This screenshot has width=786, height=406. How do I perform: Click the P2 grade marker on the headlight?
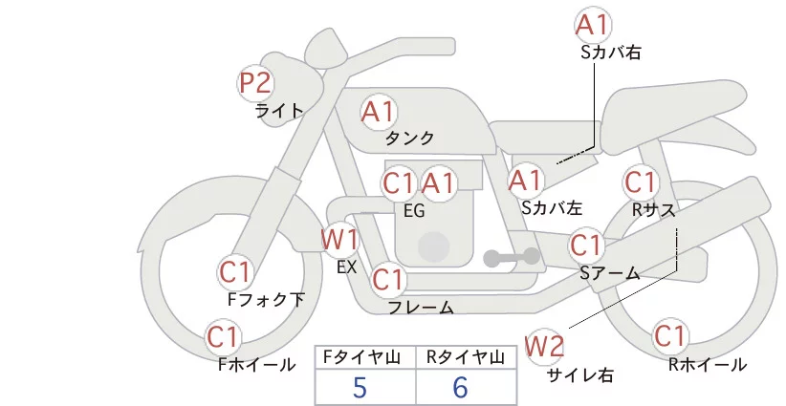click(255, 83)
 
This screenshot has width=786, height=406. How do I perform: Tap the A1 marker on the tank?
click(379, 112)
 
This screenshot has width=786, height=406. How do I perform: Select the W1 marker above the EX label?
click(339, 240)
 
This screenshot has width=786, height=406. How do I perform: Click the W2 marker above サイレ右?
click(544, 346)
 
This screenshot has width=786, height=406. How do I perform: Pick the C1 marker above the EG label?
click(399, 183)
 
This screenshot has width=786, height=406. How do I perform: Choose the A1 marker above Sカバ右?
click(593, 25)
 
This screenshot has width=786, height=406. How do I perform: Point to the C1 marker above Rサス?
click(641, 182)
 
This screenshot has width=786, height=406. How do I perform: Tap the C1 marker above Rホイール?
click(669, 336)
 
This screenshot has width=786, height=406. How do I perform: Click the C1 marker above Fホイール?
click(223, 337)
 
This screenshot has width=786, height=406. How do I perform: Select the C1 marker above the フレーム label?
click(388, 279)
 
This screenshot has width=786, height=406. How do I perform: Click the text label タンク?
click(409, 138)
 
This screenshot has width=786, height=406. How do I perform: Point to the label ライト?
click(280, 110)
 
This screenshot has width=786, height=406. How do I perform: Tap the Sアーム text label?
click(610, 273)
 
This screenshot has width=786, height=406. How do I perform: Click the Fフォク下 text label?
click(266, 299)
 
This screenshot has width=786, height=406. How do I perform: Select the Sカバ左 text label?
click(552, 207)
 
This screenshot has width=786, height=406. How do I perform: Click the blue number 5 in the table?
click(360, 387)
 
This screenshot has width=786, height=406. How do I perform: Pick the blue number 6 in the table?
click(460, 387)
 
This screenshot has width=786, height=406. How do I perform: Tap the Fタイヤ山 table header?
click(361, 357)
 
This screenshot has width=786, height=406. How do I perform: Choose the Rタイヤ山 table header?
click(466, 357)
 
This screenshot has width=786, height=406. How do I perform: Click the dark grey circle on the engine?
click(433, 247)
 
